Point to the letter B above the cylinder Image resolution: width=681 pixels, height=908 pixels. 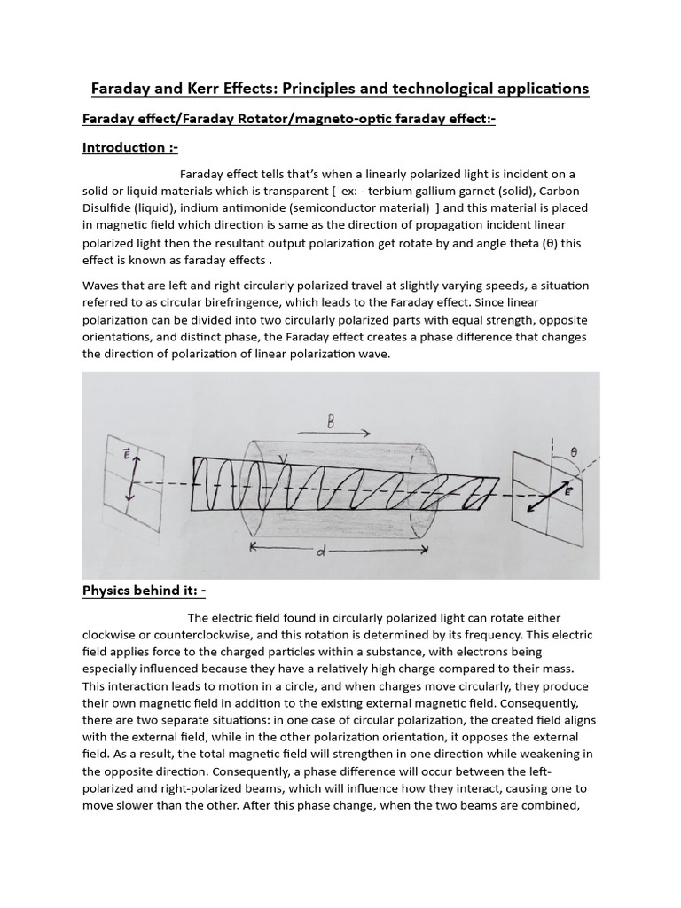[330, 422]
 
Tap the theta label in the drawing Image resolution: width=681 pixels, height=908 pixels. [574, 451]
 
